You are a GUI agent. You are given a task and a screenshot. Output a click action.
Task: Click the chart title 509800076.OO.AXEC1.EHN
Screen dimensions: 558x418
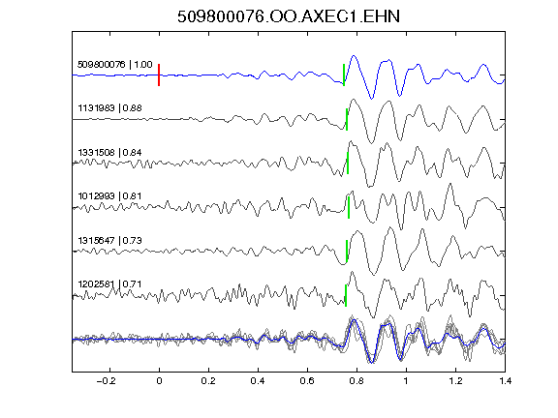pos(289,16)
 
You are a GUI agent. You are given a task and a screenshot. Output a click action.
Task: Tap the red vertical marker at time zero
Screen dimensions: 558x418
pos(159,75)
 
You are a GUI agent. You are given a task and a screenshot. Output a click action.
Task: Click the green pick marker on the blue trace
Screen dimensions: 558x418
pos(344,75)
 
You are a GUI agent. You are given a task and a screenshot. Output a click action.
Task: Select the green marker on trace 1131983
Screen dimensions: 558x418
pos(347,119)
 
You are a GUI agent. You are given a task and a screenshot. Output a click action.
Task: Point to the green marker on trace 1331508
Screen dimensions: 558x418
pos(348,164)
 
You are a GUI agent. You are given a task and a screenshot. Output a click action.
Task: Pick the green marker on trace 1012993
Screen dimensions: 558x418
pos(349,208)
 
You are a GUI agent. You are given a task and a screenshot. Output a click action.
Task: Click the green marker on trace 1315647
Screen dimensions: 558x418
pos(347,251)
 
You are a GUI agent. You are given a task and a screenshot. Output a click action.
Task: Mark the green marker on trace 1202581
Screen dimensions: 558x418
pos(346,295)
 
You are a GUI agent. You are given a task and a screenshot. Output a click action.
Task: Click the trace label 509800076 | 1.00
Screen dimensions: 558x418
pos(115,65)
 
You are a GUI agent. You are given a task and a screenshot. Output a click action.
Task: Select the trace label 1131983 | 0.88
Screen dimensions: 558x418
pos(110,108)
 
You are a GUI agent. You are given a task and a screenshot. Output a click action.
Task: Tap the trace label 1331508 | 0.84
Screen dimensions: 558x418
pos(110,153)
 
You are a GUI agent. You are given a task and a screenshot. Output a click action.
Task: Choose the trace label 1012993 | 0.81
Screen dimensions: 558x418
pos(110,196)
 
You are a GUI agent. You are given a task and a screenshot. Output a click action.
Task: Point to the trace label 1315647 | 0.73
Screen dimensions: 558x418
pos(110,241)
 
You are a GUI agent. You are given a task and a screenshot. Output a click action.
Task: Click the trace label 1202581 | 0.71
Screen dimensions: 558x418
pos(110,284)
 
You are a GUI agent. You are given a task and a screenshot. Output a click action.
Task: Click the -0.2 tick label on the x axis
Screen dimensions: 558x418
pos(106,381)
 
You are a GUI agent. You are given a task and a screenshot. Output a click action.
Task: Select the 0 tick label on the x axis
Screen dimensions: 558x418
pos(159,381)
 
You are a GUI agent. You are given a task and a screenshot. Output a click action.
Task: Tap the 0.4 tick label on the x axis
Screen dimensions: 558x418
pos(258,381)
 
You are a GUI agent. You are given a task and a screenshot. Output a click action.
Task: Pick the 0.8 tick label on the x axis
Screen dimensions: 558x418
pos(356,381)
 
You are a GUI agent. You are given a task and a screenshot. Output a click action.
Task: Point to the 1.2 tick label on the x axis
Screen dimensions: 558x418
pos(455,381)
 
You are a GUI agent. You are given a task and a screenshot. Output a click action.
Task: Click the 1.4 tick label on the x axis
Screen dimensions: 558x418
pos(505,381)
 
